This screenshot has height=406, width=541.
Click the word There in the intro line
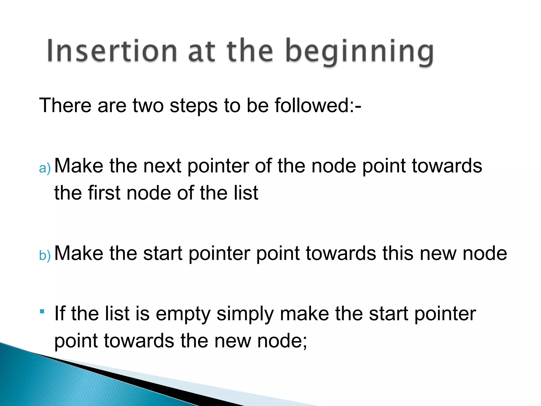coord(65,105)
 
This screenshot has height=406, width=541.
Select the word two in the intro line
coord(148,105)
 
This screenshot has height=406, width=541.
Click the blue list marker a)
coord(44,168)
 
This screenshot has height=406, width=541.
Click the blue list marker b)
coord(44,255)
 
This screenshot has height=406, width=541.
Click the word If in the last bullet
coord(60,313)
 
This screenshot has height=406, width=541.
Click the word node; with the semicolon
coord(282,341)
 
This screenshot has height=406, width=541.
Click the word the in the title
coord(250,51)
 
